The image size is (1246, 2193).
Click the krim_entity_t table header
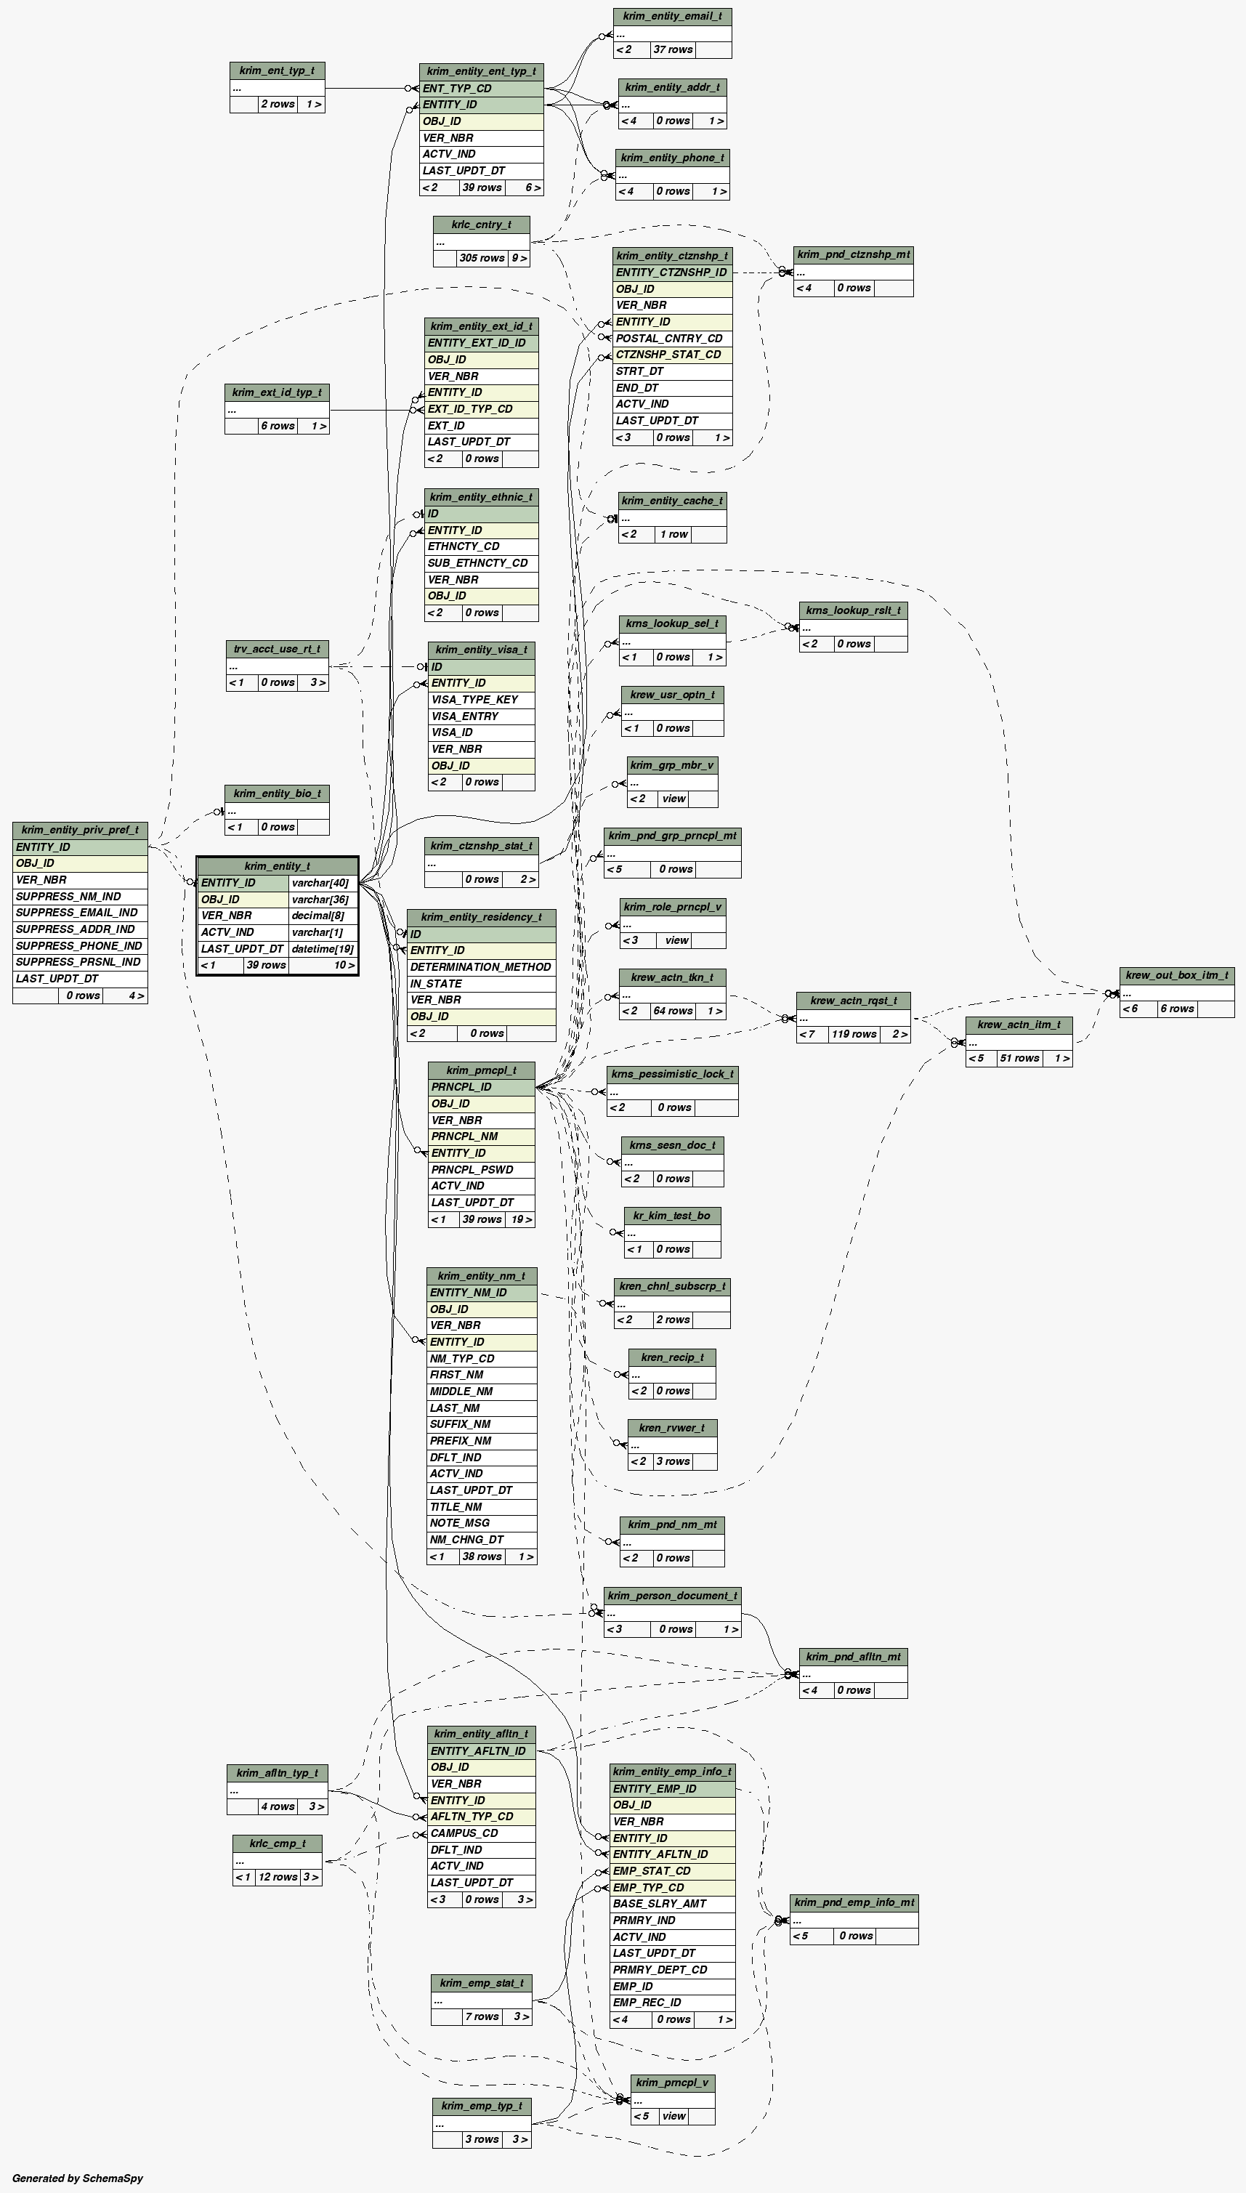278,866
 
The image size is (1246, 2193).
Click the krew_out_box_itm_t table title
1177,975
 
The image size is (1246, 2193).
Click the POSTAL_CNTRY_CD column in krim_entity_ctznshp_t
669,339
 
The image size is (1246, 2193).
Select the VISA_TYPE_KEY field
475,700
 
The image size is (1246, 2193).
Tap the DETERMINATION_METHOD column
480,968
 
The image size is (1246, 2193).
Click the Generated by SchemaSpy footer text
78,2178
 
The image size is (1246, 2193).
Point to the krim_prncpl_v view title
672,2083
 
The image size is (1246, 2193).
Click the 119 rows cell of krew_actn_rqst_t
853,1035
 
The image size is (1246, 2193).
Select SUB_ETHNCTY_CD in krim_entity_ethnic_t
477,563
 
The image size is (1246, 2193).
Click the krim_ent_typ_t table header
276,71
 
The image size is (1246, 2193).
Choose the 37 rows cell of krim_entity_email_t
673,49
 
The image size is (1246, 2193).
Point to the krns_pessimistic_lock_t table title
672,1074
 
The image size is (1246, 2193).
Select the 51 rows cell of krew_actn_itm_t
1019,1059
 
